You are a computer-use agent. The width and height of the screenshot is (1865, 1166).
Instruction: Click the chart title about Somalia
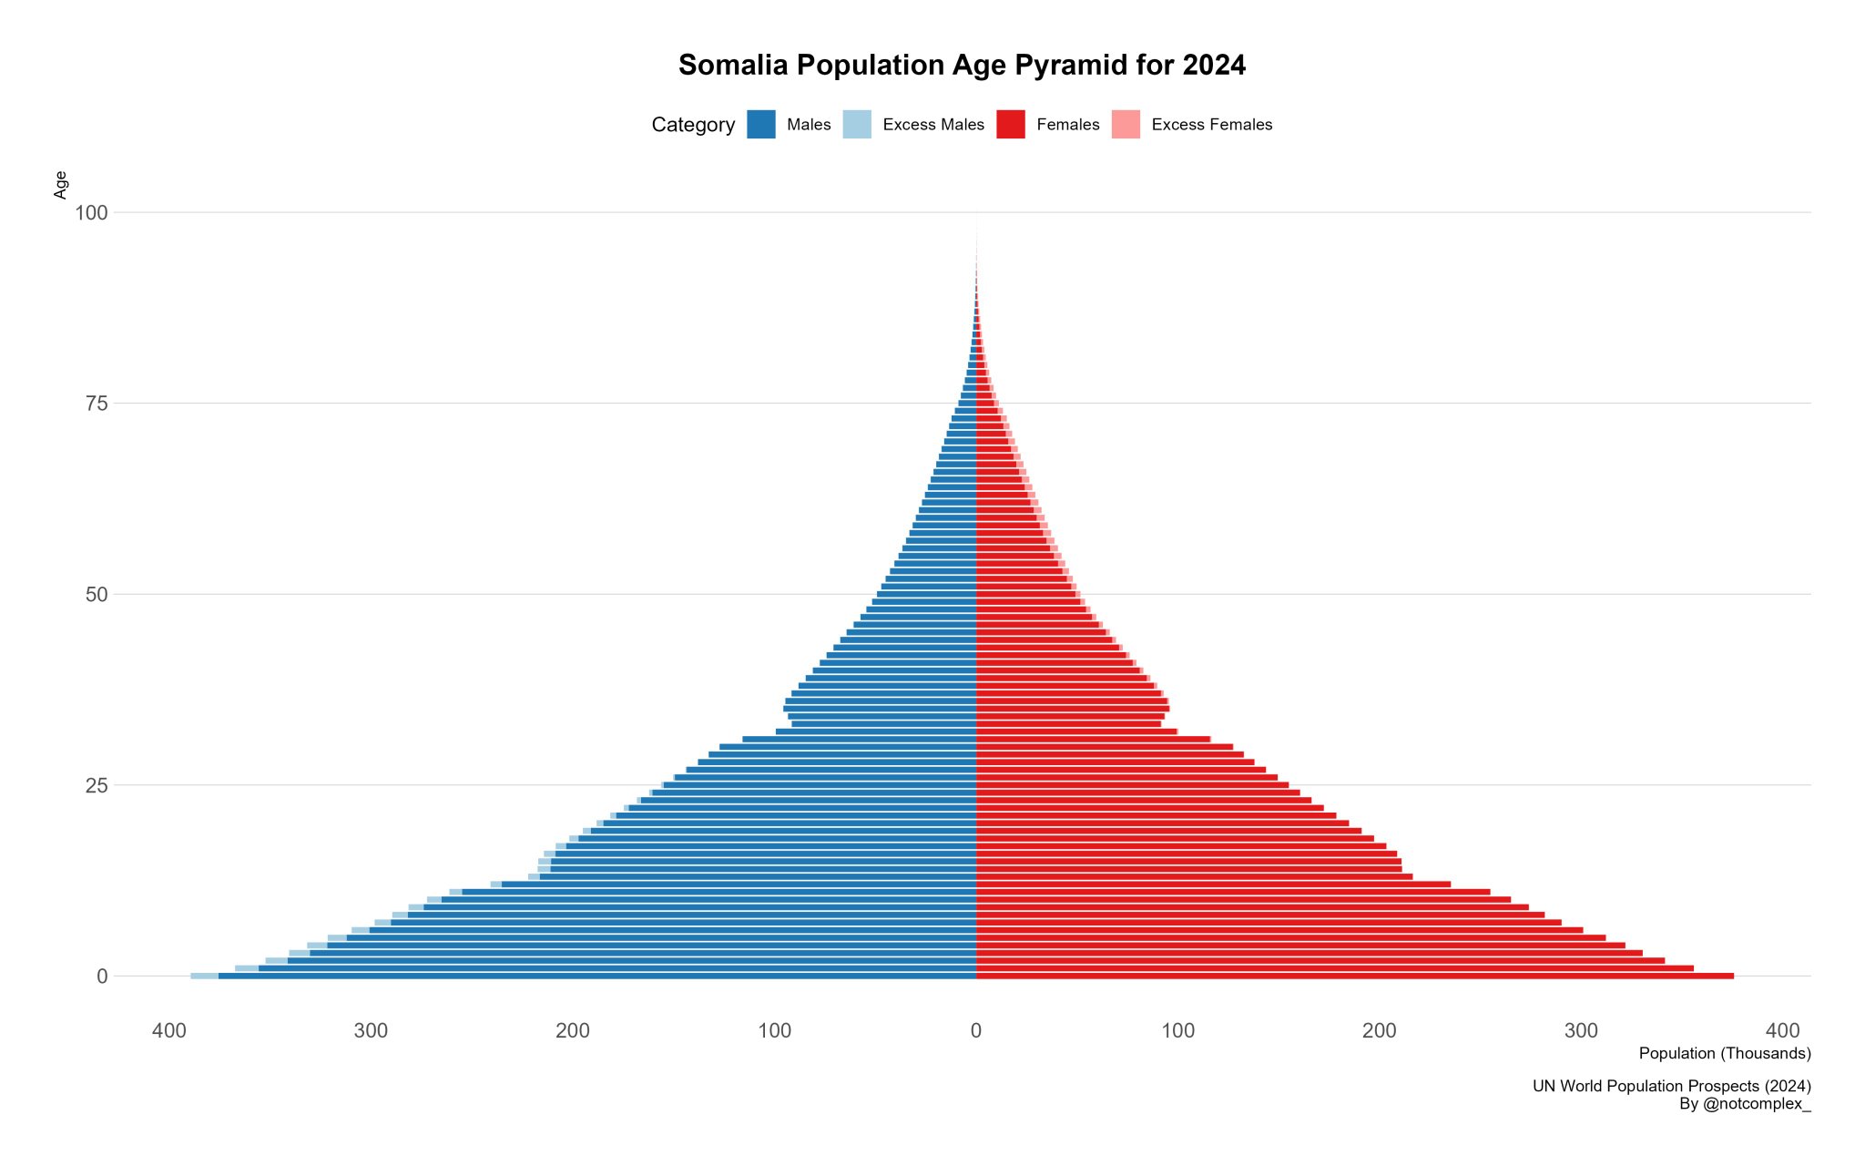pyautogui.click(x=962, y=66)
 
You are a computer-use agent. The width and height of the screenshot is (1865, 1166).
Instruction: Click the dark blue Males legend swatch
pyautogui.click(x=760, y=125)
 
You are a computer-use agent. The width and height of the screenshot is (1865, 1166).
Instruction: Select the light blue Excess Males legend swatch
pyautogui.click(x=856, y=125)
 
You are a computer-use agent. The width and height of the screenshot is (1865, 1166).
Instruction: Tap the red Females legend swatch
pyautogui.click(x=1010, y=125)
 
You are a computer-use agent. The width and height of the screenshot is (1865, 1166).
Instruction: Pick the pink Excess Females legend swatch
pyautogui.click(x=1126, y=125)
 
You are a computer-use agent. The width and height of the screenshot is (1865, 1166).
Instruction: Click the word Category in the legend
pyautogui.click(x=693, y=125)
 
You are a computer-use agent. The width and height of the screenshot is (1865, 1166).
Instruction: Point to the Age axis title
pyautogui.click(x=61, y=184)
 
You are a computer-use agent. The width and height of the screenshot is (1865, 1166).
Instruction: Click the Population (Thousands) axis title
pyautogui.click(x=1724, y=1054)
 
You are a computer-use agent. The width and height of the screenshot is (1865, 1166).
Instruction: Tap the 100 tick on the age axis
pyautogui.click(x=91, y=213)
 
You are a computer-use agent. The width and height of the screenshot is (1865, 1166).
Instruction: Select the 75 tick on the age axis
pyautogui.click(x=97, y=404)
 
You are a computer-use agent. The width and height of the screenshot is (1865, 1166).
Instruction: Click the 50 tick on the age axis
pyautogui.click(x=97, y=595)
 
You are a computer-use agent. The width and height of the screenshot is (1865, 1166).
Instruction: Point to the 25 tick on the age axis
pyautogui.click(x=97, y=785)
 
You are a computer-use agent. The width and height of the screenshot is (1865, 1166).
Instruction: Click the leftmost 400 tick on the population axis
pyautogui.click(x=169, y=1031)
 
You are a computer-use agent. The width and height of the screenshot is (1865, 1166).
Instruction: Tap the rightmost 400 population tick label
pyautogui.click(x=1782, y=1031)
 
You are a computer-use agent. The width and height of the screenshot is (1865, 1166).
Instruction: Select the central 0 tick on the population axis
pyautogui.click(x=976, y=1031)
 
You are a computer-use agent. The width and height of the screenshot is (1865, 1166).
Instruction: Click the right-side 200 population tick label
pyautogui.click(x=1379, y=1031)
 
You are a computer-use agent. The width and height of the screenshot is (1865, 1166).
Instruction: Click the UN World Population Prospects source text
pyautogui.click(x=1671, y=1086)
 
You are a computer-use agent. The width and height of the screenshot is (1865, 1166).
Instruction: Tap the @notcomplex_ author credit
pyautogui.click(x=1744, y=1104)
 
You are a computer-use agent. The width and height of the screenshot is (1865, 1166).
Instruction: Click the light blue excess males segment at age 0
pyautogui.click(x=204, y=976)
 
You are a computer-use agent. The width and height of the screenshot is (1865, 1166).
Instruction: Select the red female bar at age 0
pyautogui.click(x=1355, y=976)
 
